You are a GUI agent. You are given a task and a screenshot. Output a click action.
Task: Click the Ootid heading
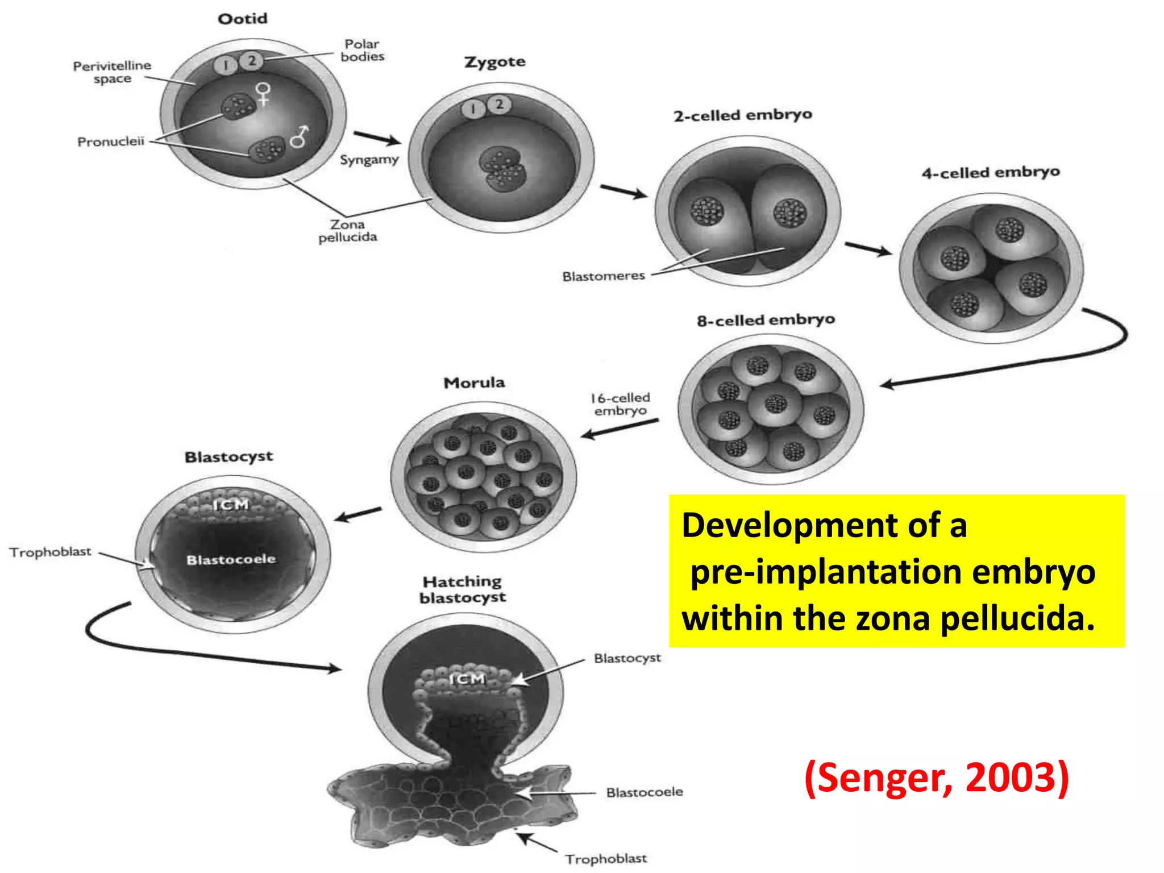coord(243,19)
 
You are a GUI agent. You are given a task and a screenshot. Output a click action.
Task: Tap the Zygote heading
coord(494,62)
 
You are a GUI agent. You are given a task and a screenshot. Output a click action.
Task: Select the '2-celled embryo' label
coord(743,115)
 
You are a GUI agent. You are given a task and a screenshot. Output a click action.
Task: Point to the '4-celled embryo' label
coord(991,172)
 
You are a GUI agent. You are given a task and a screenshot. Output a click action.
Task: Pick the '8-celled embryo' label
coord(766,321)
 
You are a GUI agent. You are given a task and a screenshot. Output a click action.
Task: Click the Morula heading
coord(474,383)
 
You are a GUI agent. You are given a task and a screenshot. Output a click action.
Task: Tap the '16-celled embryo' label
coord(620,404)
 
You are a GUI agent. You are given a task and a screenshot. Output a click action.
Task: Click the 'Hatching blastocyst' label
coord(463,589)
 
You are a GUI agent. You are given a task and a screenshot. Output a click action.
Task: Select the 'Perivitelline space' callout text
coord(112,72)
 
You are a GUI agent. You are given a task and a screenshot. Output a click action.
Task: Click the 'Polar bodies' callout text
coord(362,50)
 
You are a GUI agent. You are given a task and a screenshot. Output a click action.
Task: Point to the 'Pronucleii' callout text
coord(111,142)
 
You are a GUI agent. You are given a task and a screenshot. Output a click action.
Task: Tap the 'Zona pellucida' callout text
coord(347,231)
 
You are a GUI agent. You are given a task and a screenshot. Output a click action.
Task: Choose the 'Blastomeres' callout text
coord(604,276)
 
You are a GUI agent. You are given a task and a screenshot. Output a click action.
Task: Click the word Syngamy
coord(369,160)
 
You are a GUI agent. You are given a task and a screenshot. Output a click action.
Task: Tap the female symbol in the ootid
coord(263,94)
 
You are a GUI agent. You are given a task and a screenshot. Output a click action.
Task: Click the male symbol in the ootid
coord(300,136)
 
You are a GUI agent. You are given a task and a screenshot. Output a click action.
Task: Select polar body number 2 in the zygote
coord(499,105)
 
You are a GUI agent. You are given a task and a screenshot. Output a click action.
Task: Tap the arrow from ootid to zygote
coord(377,138)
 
